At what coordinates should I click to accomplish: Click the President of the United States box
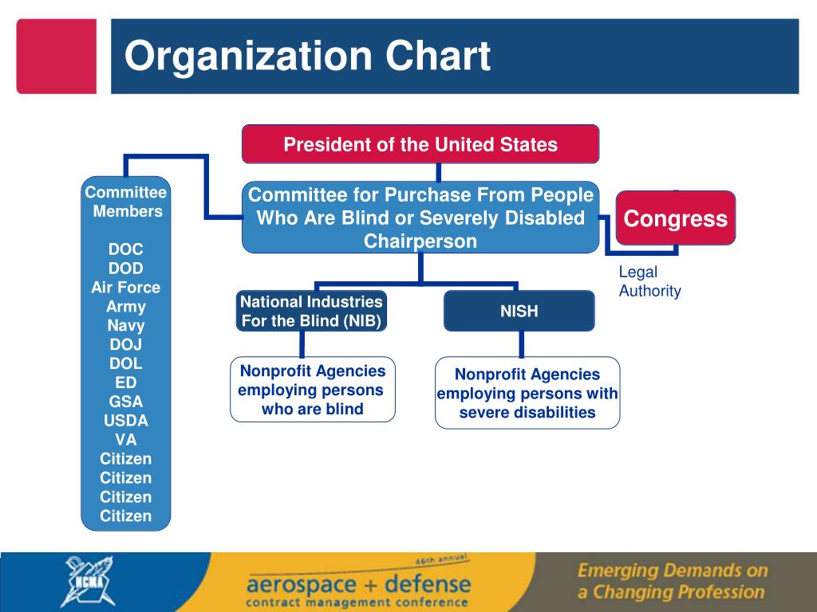[420, 144]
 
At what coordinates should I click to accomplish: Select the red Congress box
[676, 218]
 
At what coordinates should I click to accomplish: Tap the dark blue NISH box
[519, 311]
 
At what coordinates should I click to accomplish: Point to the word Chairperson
[420, 241]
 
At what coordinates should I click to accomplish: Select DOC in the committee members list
[126, 249]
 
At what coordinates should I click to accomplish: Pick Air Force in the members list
[126, 288]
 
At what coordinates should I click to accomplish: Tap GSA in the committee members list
[126, 402]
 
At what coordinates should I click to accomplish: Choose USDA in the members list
[126, 421]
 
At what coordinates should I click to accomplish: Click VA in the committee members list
[126, 440]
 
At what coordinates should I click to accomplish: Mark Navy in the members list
[126, 326]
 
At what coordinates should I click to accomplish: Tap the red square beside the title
[57, 57]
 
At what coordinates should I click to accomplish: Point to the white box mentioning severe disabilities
[527, 393]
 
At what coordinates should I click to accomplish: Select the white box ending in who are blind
[313, 390]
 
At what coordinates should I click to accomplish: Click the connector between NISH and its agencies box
[521, 343]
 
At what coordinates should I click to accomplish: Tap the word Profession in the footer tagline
[720, 592]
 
